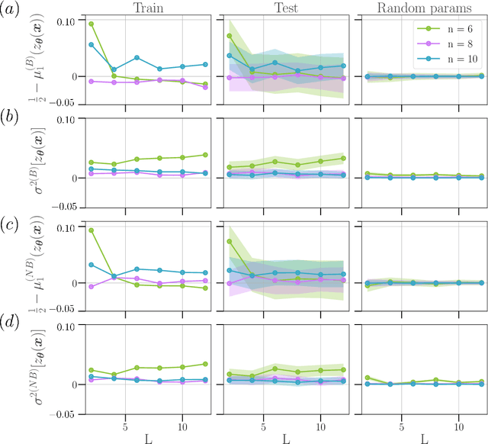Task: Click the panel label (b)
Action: [x=14, y=120]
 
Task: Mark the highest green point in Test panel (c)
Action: [x=227, y=242]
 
